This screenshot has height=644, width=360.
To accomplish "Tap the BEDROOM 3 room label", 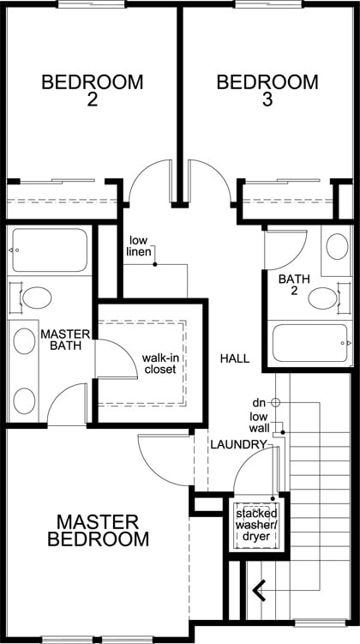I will tap(267, 91).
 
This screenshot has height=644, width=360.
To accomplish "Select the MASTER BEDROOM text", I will tap(98, 531).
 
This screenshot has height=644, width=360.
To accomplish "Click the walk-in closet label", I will tap(159, 363).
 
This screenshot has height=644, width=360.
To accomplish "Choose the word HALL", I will tap(234, 358).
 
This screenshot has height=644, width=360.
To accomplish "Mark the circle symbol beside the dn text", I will tap(276, 401).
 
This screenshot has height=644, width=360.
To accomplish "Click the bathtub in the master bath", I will tap(49, 250).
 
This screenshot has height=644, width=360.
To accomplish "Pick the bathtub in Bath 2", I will tap(309, 343).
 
